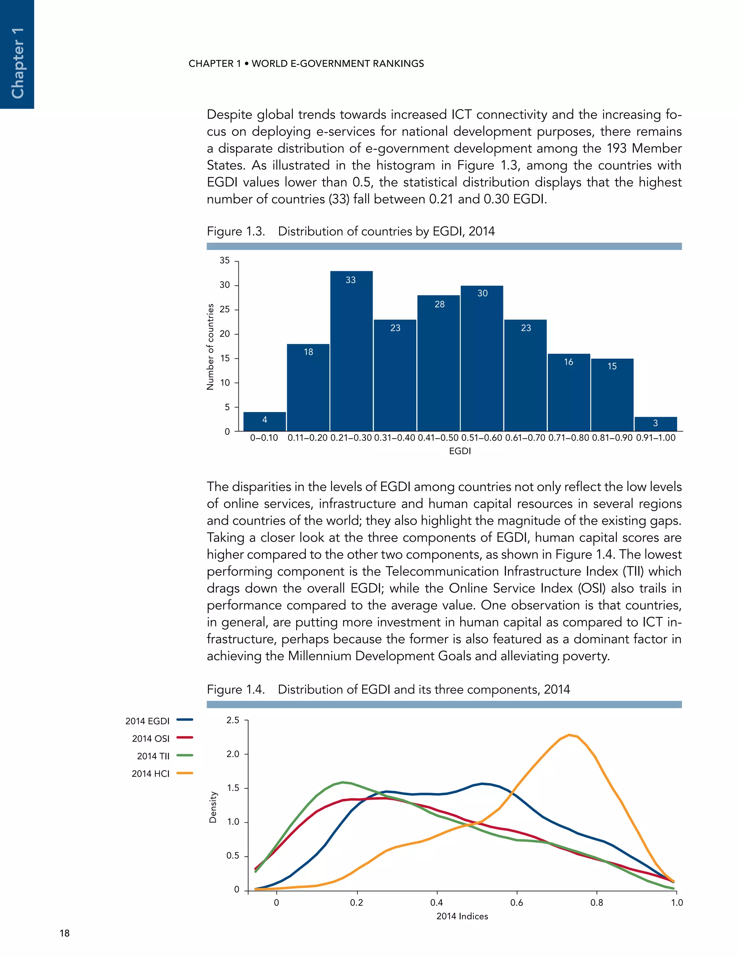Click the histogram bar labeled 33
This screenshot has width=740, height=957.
pyautogui.click(x=351, y=351)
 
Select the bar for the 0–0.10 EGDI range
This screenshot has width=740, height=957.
pyautogui.click(x=264, y=421)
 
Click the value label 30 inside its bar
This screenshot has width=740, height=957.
pyautogui.click(x=482, y=293)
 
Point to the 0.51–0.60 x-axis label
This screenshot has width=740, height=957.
pyautogui.click(x=481, y=438)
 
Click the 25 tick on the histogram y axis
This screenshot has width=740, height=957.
pyautogui.click(x=225, y=309)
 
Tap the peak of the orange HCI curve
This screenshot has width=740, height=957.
pyautogui.click(x=569, y=735)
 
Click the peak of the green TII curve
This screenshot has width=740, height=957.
pyautogui.click(x=343, y=782)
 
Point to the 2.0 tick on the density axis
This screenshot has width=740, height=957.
pyautogui.click(x=233, y=754)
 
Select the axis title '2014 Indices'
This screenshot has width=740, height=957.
pyautogui.click(x=462, y=916)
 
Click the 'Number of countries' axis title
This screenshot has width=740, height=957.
pyautogui.click(x=210, y=347)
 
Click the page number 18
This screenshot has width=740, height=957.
pyautogui.click(x=64, y=933)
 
